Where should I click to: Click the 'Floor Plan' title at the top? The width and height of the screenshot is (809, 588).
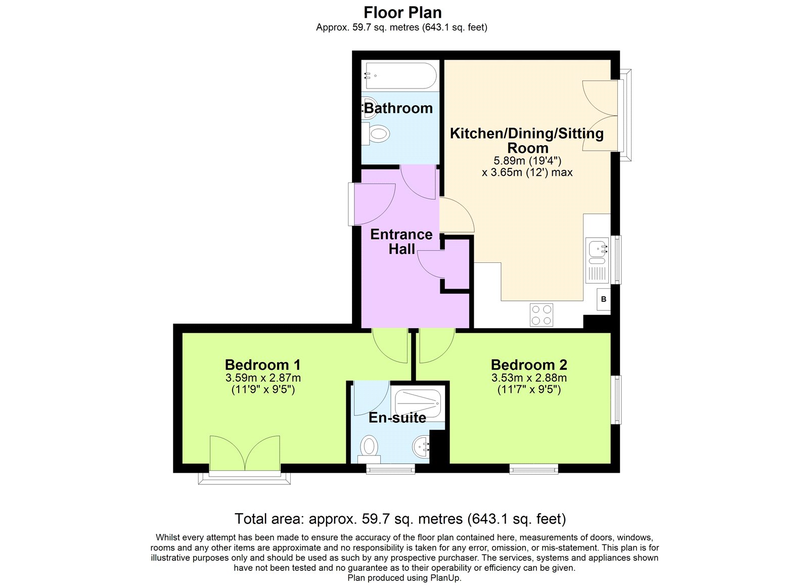402,13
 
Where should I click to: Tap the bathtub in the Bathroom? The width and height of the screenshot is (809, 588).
400,76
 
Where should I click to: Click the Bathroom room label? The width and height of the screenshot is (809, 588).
398,108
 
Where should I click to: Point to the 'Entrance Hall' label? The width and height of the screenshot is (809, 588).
401,242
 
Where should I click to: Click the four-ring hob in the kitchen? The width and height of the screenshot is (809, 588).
542,314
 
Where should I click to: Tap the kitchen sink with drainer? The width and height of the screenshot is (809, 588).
598,260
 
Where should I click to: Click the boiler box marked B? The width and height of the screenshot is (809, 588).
604,299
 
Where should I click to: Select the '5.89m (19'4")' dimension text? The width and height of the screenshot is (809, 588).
527,161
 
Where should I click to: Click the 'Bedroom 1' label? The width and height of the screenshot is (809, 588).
262,365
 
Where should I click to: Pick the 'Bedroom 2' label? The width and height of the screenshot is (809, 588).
529,365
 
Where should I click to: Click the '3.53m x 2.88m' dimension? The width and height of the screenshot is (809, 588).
529,378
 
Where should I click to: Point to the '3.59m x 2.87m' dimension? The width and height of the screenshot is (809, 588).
263,378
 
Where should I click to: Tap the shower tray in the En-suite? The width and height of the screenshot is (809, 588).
418,403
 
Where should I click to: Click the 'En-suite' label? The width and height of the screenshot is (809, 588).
397,418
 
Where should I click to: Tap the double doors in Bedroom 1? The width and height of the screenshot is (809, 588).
245,454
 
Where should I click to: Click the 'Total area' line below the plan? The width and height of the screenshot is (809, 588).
400,519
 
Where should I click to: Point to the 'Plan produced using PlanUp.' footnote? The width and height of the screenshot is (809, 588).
404,578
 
